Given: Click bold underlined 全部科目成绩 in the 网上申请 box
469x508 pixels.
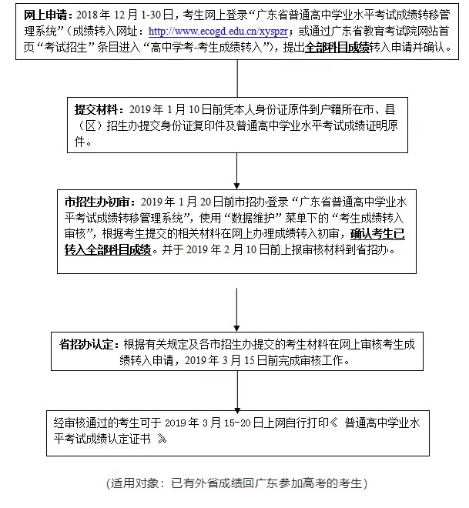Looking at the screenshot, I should click(336, 48).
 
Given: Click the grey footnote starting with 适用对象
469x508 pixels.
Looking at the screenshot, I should click(236, 484).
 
